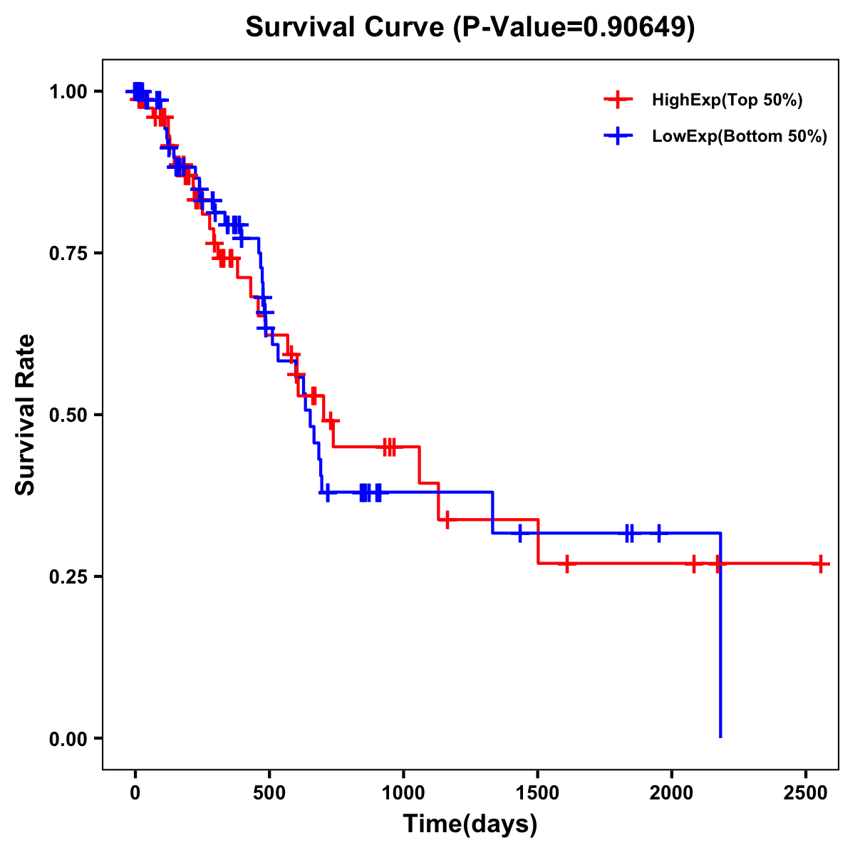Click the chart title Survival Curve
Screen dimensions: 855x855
tap(347, 28)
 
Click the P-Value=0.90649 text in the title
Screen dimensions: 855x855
tap(575, 28)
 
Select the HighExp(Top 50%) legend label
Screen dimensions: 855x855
tap(727, 100)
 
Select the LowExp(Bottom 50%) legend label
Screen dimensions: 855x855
tap(739, 137)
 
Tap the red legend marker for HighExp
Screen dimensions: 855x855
tap(618, 100)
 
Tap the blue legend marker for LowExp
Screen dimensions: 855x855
tap(618, 137)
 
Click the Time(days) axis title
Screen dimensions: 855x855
tap(470, 824)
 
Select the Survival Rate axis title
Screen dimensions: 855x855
tap(26, 415)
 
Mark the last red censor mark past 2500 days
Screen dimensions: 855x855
tap(821, 564)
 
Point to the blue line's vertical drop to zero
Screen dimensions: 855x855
tap(720, 641)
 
